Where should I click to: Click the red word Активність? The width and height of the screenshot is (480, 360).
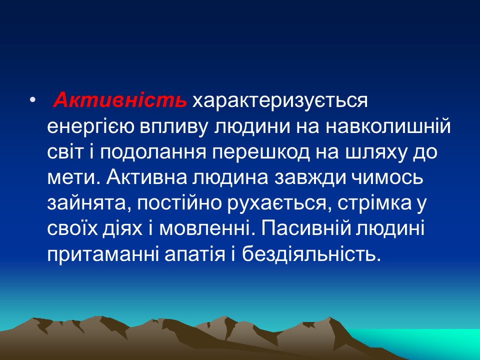tap(120, 100)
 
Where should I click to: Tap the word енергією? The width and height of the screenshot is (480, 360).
tap(90, 126)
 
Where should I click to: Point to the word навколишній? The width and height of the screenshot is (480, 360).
tap(388, 126)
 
